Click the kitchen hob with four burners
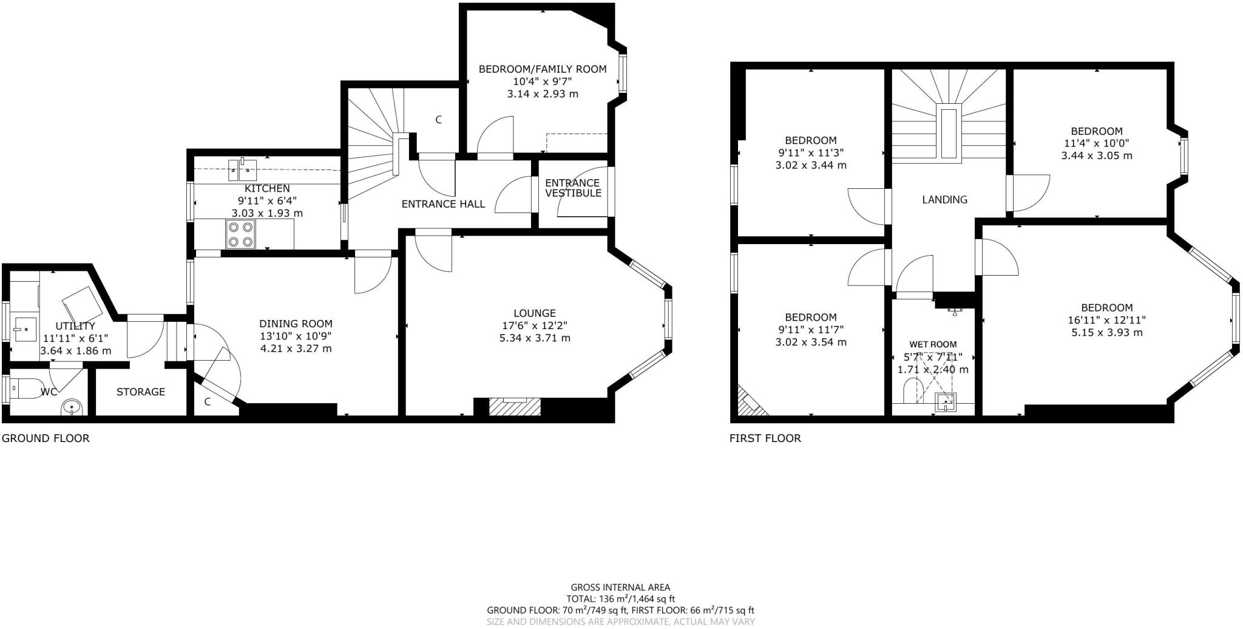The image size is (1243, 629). click(240, 234)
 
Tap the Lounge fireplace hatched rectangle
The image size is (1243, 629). click(515, 407)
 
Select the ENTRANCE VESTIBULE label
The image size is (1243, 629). click(573, 188)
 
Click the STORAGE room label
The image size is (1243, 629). click(141, 392)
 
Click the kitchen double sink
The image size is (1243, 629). click(243, 169)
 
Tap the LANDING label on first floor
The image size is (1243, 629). click(944, 199)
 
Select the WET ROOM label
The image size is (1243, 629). click(932, 344)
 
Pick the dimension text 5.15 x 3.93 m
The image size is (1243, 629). click(1106, 332)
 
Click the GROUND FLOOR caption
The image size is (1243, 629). click(46, 438)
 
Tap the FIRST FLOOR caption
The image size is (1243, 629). click(765, 438)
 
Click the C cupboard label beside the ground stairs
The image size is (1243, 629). click(438, 120)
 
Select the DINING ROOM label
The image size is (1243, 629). click(296, 324)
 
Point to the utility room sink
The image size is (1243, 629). click(25, 328)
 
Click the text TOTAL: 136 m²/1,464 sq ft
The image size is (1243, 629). click(620, 599)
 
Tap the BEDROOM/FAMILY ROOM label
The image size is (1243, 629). click(542, 69)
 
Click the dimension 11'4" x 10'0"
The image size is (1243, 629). click(1096, 143)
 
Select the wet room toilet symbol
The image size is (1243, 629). click(912, 390)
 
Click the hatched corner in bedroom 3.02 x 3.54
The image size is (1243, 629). click(749, 403)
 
